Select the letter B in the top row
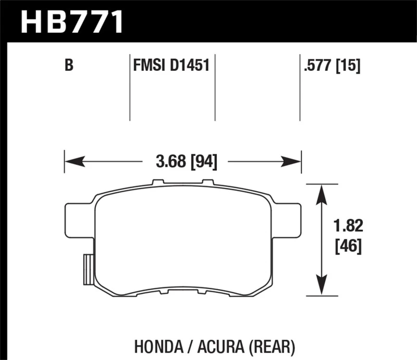pos(68,66)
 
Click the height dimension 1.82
pos(346,226)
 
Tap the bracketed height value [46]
pos(346,245)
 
